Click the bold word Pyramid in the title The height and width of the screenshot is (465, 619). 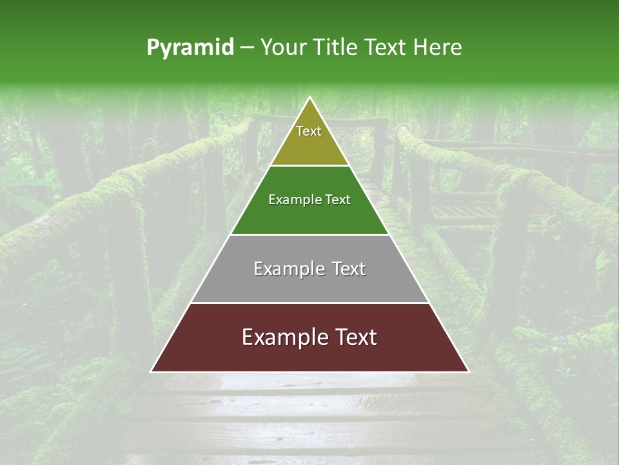190,48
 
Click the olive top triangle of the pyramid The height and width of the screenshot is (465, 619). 309,145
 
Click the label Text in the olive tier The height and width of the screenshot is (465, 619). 309,131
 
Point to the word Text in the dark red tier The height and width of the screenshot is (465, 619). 354,337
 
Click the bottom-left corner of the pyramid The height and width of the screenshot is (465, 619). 152,371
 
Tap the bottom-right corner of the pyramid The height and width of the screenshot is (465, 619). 468,371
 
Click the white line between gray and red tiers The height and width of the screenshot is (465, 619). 309,303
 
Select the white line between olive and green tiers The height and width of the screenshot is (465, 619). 309,166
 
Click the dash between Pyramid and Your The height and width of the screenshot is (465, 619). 247,48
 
